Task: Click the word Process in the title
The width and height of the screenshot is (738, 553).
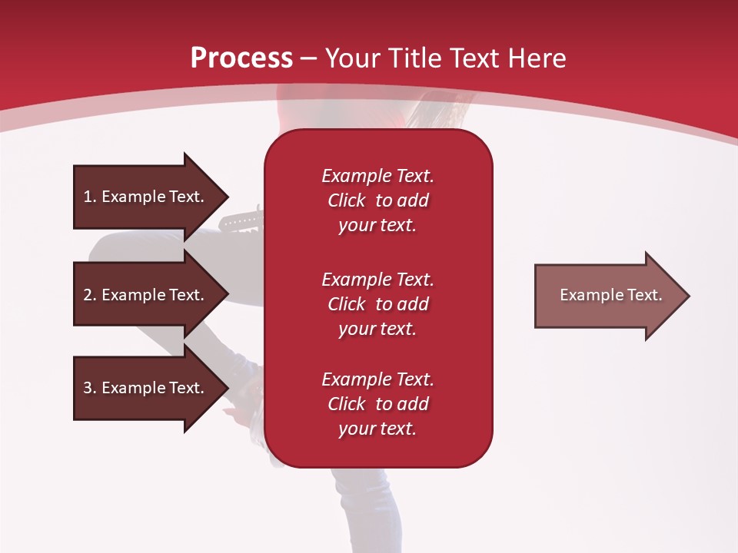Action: click(242, 58)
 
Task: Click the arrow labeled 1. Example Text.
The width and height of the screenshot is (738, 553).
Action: click(151, 197)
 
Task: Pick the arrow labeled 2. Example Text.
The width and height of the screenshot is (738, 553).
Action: click(151, 293)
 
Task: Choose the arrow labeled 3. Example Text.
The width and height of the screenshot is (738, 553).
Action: click(151, 388)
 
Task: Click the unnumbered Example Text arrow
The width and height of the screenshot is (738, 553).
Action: click(613, 296)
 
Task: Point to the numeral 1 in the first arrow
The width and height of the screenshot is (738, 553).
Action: click(88, 197)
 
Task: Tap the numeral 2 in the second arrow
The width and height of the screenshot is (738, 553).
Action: click(88, 295)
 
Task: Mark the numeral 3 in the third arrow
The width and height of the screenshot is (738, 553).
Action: click(88, 388)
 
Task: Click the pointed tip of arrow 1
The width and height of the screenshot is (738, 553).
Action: click(229, 197)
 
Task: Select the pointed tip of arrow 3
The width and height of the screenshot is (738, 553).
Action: click(229, 389)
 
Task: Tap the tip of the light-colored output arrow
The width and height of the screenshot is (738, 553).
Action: click(690, 296)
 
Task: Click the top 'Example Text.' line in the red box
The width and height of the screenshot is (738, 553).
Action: click(377, 176)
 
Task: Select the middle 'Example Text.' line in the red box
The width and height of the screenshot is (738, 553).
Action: click(377, 280)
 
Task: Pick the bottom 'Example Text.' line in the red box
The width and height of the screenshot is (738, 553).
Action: click(377, 379)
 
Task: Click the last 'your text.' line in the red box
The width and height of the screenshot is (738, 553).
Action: click(377, 429)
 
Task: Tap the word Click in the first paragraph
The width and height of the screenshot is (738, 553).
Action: click(347, 200)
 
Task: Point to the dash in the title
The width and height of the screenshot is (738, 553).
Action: click(309, 59)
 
